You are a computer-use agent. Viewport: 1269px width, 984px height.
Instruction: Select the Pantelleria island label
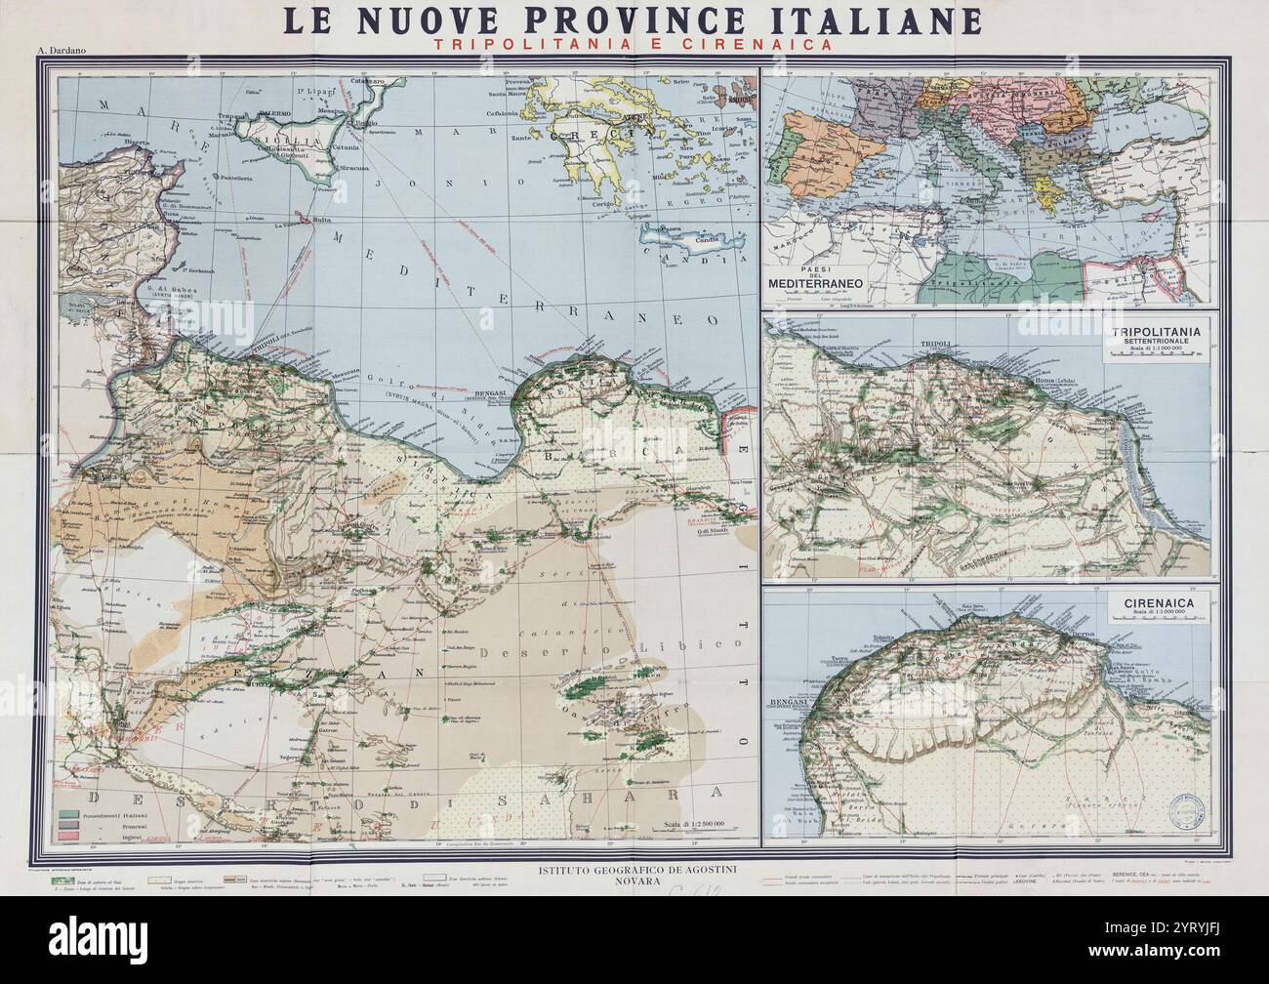226,181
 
